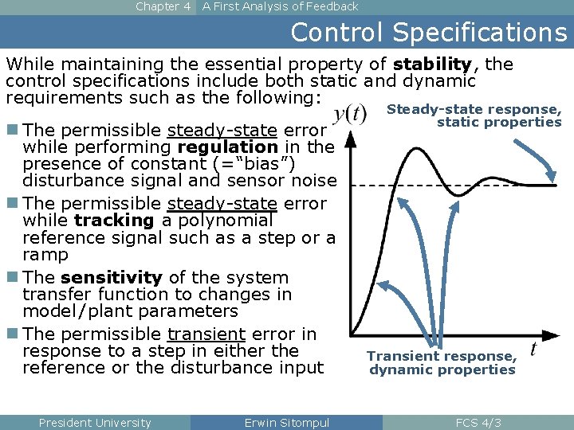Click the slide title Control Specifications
[428, 32]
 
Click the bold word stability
[432, 64]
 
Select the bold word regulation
[228, 147]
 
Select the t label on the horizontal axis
[533, 349]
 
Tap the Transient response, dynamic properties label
[442, 363]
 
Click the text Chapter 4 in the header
[163, 6]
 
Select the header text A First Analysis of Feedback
[280, 6]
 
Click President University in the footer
[95, 423]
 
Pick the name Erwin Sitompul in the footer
[286, 423]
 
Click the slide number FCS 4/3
[478, 423]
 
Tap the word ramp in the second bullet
[46, 255]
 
